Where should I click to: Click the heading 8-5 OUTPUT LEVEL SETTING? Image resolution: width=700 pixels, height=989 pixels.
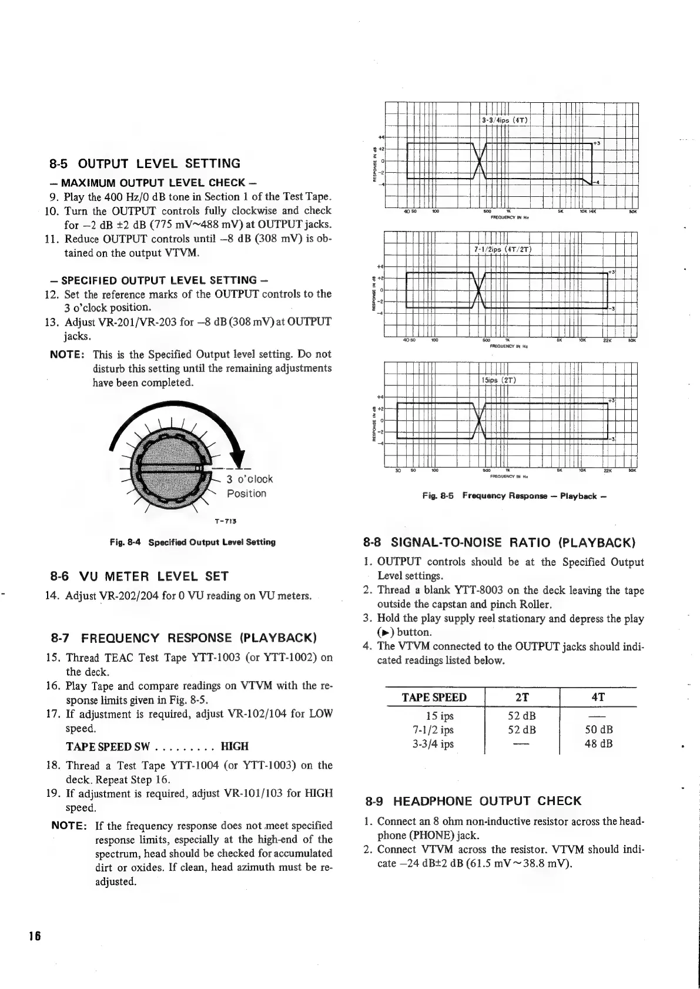click(x=145, y=163)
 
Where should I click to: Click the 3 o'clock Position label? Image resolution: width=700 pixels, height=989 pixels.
click(x=249, y=486)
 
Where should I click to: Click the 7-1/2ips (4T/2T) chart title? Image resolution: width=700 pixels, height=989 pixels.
click(x=503, y=249)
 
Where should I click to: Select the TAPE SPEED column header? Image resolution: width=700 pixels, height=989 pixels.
click(x=434, y=697)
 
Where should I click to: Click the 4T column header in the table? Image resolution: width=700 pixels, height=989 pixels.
click(x=598, y=697)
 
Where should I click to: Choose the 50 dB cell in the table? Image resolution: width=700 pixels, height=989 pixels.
click(x=598, y=730)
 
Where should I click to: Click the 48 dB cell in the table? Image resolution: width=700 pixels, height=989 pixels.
click(x=598, y=744)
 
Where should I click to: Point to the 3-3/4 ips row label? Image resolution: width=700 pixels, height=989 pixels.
click(x=434, y=744)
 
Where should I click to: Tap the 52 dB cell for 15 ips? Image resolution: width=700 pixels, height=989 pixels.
click(x=521, y=716)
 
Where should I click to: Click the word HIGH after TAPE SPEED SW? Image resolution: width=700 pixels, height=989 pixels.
click(x=234, y=746)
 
